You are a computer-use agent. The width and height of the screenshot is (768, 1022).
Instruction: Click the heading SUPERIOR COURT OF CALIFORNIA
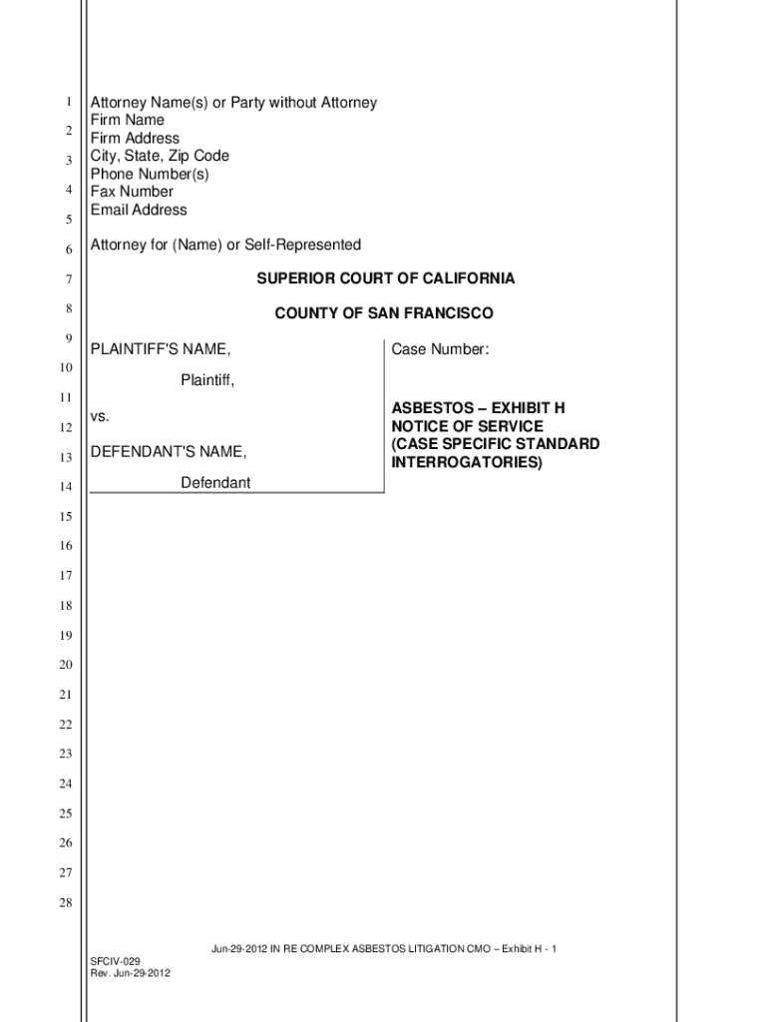(385, 278)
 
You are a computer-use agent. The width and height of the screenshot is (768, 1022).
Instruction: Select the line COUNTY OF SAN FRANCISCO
(384, 313)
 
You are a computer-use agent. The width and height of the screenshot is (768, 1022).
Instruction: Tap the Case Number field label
(440, 349)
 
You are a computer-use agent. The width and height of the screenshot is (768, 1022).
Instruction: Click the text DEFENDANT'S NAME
(169, 452)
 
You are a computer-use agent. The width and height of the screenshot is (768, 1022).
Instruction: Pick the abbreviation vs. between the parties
(100, 415)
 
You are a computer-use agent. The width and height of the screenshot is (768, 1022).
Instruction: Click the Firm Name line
(128, 121)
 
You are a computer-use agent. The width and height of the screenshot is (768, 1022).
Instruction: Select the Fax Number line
(132, 192)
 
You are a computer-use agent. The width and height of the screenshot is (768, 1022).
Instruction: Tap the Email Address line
(139, 210)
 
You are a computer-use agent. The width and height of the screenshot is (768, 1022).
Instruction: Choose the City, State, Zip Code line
(160, 156)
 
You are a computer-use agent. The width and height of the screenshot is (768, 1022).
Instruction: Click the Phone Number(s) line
(150, 174)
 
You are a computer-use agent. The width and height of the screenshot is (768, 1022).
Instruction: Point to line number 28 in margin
(65, 903)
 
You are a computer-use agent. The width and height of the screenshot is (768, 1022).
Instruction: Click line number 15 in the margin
(65, 517)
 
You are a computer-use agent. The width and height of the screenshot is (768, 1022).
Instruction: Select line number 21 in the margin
(65, 695)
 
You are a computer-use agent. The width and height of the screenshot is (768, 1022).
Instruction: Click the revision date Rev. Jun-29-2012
(130, 974)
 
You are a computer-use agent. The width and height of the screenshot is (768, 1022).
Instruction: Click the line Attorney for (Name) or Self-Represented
(225, 246)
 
